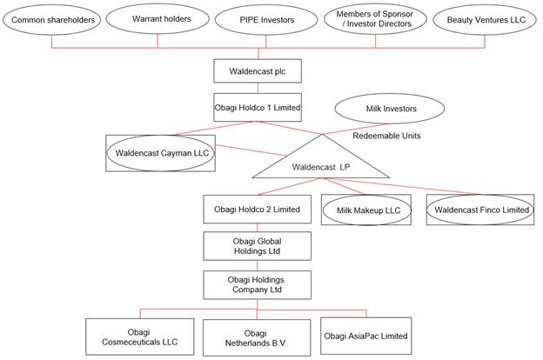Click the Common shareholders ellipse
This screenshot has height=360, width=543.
tap(51, 18)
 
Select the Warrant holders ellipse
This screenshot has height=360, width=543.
tap(158, 18)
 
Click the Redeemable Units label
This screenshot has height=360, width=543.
tap(387, 137)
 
